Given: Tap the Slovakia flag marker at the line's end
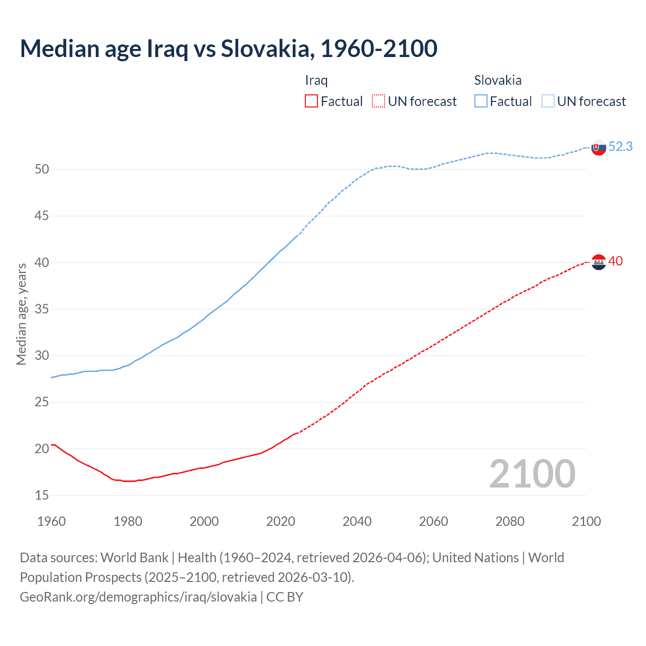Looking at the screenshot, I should (599, 148).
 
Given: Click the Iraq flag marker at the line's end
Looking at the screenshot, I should (599, 262).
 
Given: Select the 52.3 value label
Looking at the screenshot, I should (620, 146).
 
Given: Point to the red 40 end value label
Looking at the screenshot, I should (615, 261).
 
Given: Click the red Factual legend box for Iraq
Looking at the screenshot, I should (311, 101).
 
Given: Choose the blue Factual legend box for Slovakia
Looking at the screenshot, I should (481, 101).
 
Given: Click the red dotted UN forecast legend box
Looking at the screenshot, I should (379, 101).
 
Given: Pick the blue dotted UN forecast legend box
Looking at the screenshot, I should (548, 101).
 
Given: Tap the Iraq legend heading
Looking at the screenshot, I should (316, 80).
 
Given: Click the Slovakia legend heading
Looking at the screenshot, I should (498, 80).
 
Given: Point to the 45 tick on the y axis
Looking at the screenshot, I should (42, 216).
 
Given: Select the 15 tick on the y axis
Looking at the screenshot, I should (42, 496).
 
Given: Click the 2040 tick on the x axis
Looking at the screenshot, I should (357, 521).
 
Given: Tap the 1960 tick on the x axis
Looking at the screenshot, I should (51, 521).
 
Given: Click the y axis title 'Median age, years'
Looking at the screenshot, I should (21, 314).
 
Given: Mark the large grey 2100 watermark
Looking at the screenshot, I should (532, 474).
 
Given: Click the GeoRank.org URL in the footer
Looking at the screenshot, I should (138, 597).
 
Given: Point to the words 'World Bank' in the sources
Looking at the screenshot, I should (134, 558).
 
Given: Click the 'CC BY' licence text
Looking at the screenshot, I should (285, 597).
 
